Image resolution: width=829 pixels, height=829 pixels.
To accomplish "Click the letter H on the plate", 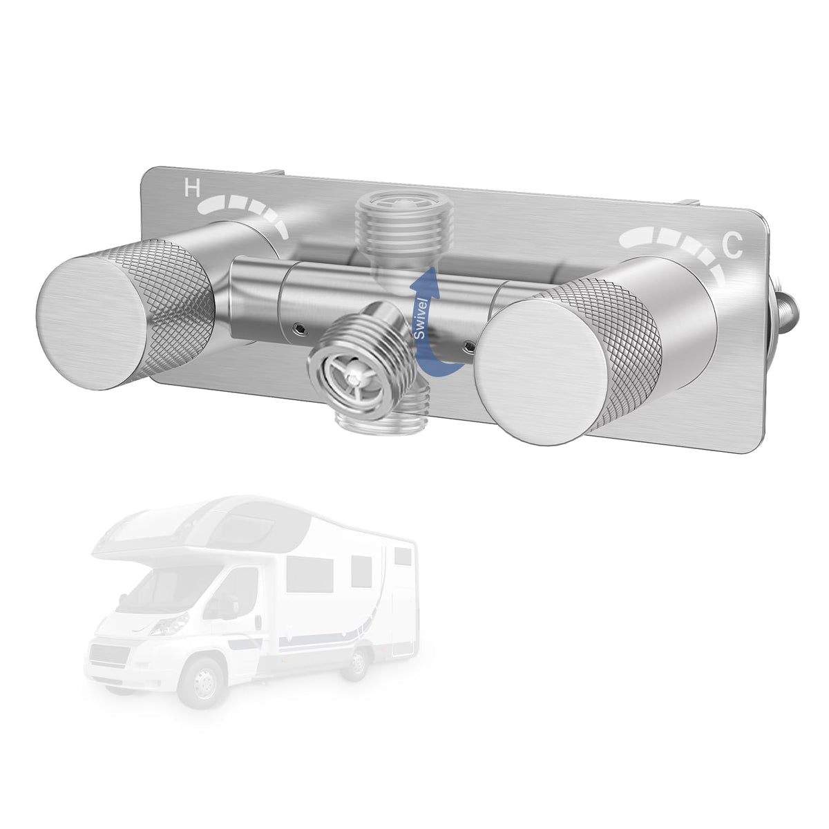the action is click(x=192, y=188).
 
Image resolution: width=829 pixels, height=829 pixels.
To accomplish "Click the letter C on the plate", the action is click(x=732, y=245).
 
